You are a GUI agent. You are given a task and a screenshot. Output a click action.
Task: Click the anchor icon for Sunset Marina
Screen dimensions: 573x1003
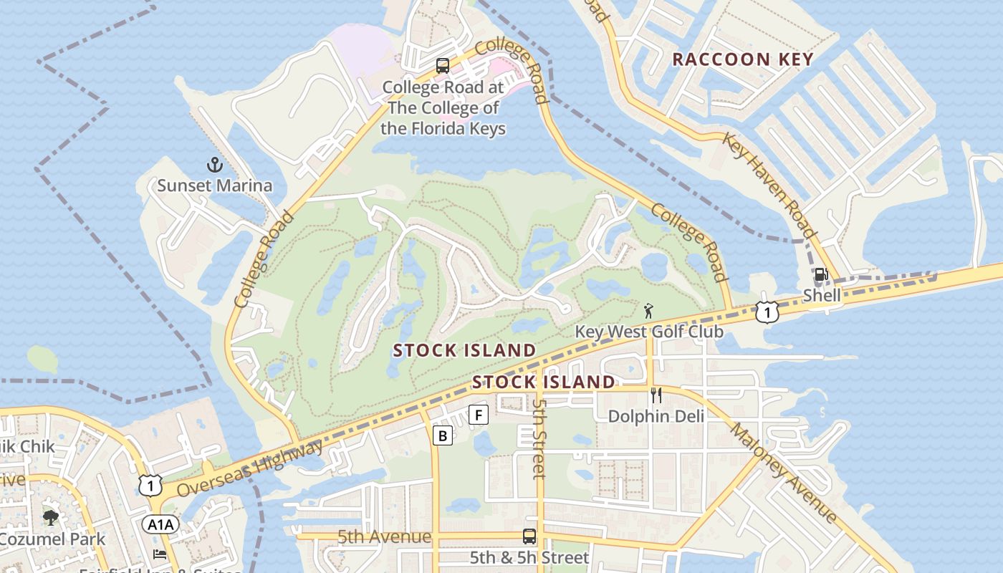click(x=215, y=165)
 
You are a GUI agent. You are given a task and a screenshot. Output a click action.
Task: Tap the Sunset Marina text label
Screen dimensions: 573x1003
click(x=215, y=186)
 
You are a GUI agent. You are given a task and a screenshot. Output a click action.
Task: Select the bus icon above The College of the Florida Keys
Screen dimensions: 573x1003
click(x=443, y=66)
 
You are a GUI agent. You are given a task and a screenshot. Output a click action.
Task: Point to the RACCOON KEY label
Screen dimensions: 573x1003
click(x=743, y=59)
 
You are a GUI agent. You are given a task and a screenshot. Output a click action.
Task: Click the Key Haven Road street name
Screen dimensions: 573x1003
click(x=769, y=185)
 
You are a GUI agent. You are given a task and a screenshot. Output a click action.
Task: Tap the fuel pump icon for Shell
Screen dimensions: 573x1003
click(x=821, y=274)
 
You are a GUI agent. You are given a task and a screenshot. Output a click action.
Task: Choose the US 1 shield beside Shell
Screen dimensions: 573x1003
click(x=767, y=312)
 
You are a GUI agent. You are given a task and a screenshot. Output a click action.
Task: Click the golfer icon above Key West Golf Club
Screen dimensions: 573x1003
click(x=649, y=311)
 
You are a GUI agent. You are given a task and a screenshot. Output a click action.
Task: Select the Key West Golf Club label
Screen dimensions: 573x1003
click(x=649, y=332)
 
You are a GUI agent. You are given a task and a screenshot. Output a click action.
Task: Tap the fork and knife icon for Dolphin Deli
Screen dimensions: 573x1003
click(x=656, y=395)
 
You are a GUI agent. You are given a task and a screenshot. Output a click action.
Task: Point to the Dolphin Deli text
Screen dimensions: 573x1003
click(x=656, y=416)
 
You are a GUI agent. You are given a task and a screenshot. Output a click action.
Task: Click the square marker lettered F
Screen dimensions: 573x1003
click(x=479, y=414)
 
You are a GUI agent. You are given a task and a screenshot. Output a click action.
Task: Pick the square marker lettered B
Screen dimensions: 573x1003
click(x=443, y=435)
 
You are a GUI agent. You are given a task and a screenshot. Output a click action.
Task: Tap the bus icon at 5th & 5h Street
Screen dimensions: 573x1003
click(x=529, y=536)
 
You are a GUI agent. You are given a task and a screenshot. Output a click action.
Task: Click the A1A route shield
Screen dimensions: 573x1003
click(x=160, y=525)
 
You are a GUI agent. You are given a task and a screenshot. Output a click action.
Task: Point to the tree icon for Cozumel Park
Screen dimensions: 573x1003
click(x=50, y=518)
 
